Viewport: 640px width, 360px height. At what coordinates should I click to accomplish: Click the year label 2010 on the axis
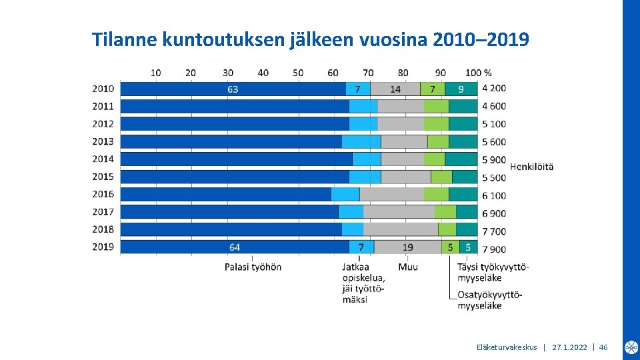103,88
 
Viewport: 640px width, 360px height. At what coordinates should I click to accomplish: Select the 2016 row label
103,194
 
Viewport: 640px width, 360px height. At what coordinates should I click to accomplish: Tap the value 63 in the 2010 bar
233,89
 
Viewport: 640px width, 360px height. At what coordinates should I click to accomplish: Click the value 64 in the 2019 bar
235,247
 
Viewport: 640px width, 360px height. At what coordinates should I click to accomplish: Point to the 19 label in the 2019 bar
408,247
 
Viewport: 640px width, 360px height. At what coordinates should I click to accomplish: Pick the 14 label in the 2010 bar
395,89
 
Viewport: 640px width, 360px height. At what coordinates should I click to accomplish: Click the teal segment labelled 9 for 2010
461,89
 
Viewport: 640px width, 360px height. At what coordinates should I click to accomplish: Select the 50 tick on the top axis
298,72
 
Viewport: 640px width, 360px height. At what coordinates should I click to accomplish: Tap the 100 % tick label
478,72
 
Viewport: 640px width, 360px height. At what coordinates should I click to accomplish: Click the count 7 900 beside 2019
494,249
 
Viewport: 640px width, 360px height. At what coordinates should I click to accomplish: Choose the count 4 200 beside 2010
494,88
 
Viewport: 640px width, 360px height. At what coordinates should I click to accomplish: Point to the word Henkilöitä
531,166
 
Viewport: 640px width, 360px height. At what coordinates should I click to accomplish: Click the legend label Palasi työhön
253,267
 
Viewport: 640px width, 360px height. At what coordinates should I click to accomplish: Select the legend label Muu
408,267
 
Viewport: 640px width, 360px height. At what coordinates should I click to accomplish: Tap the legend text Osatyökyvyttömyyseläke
489,300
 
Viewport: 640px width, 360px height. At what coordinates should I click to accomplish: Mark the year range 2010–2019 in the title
481,40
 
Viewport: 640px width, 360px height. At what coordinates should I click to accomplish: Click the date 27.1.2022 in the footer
569,347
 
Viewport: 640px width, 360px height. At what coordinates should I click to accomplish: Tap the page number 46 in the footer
603,347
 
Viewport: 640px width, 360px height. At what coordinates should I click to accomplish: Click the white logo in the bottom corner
631,347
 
